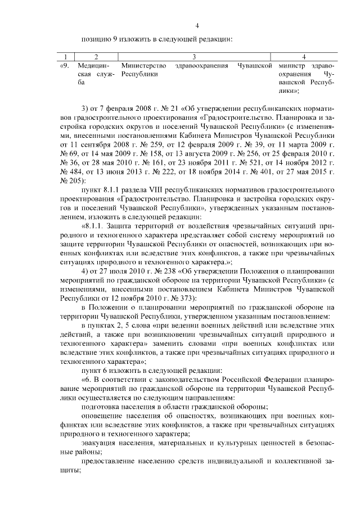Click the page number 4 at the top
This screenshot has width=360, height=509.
197,25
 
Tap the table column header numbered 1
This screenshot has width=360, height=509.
66,57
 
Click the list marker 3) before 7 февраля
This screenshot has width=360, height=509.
85,107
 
